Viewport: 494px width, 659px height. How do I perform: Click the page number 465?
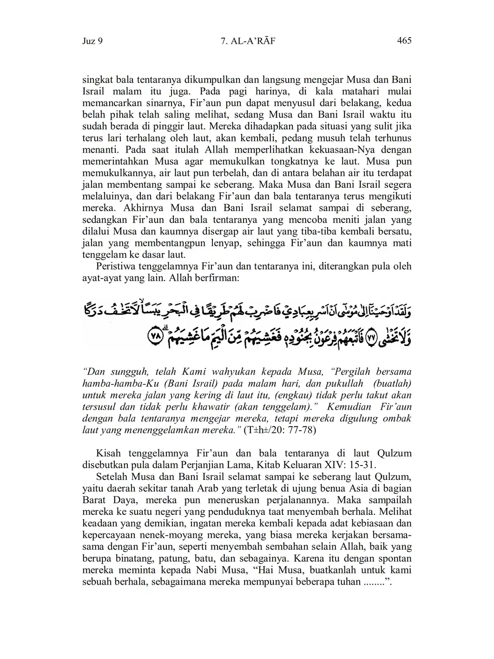(x=404, y=41)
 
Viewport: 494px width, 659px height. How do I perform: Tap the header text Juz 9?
(x=92, y=41)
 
